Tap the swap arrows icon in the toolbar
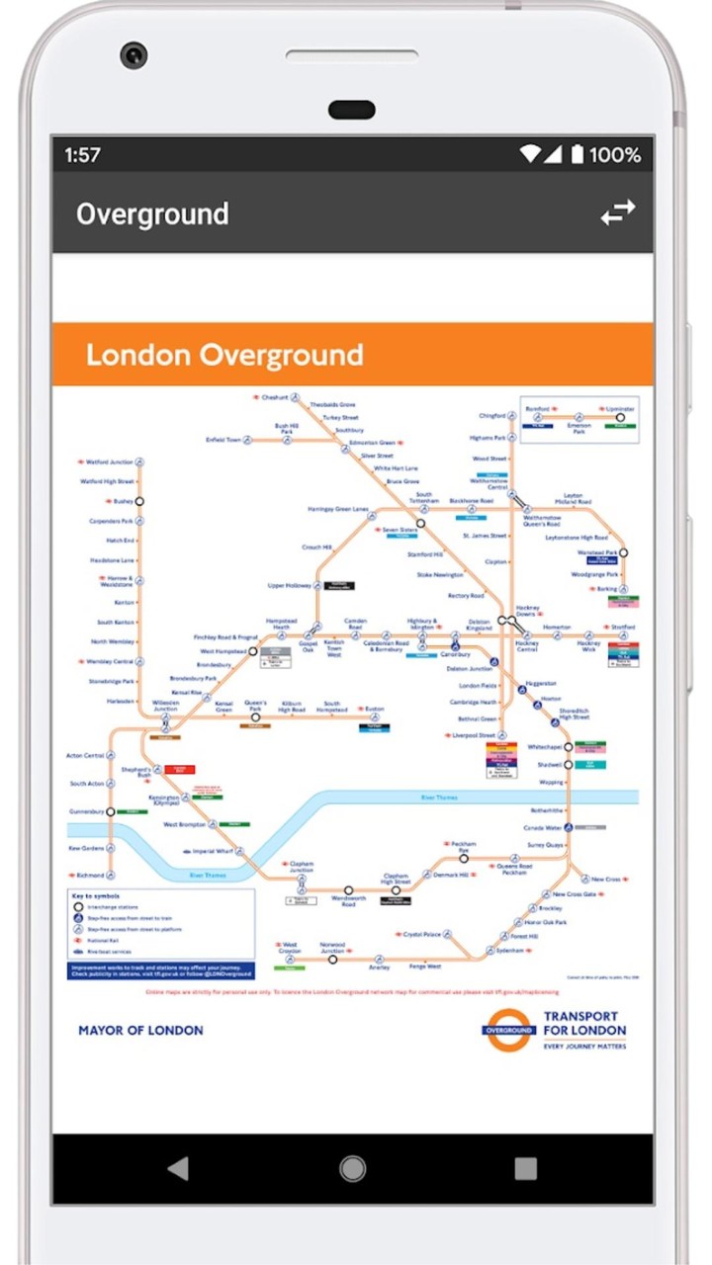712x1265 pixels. pos(618,213)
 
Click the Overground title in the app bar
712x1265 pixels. pos(152,214)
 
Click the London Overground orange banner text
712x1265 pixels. pos(224,355)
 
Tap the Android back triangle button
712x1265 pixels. pos(178,1169)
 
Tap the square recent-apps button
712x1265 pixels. pos(526,1169)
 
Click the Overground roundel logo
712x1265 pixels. pos(509,1030)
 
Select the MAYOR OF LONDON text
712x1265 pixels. pos(140,1030)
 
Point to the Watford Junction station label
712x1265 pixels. pos(109,462)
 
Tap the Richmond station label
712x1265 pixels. pos(90,876)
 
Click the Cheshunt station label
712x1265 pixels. pos(275,397)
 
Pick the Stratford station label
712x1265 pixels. pos(623,628)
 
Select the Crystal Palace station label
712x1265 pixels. pos(422,934)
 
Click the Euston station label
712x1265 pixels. pos(374,710)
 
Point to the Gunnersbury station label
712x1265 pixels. pos(86,811)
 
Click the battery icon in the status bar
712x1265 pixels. pos(577,154)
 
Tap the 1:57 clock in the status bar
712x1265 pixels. pos(83,155)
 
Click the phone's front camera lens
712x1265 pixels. pos(133,54)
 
